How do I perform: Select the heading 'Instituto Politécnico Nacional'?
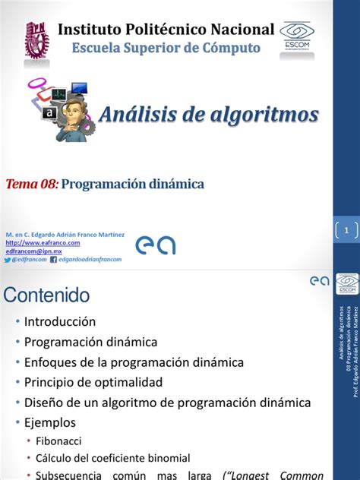166,30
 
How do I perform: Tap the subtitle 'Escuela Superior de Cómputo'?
166,48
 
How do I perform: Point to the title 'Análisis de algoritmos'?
209,115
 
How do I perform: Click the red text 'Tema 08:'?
31,184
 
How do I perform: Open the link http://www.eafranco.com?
43,243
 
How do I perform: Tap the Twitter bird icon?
8,259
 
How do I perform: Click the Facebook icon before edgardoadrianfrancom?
53,259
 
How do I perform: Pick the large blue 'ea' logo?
155,245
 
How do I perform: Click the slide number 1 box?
346,229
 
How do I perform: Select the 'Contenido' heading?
47,295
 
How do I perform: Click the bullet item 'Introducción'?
60,322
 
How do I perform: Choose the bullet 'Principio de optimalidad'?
93,381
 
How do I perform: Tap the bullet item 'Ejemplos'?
50,422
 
